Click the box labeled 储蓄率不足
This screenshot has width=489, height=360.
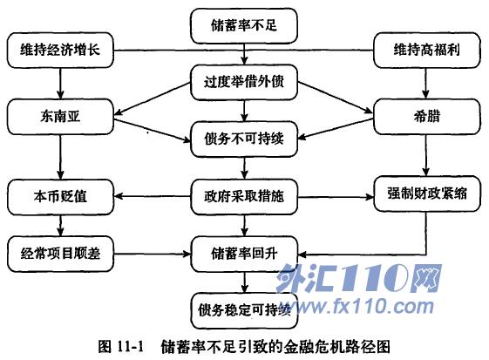tap(244, 26)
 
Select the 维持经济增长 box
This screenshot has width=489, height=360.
tap(60, 51)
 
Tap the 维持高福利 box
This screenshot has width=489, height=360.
tap(426, 51)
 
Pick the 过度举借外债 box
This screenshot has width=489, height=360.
tap(244, 82)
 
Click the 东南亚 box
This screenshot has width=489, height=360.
tap(60, 117)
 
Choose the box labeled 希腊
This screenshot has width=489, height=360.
tap(426, 117)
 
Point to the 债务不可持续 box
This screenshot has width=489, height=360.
tap(244, 139)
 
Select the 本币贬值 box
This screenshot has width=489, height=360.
tap(60, 197)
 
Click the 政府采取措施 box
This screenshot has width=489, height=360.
tap(244, 197)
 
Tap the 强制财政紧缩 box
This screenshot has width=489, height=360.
tap(426, 194)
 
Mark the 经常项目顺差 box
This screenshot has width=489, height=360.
tap(60, 254)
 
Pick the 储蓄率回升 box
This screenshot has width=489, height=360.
tap(244, 254)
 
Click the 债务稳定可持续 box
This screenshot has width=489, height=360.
tap(244, 310)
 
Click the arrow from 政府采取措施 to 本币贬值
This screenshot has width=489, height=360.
tap(153, 196)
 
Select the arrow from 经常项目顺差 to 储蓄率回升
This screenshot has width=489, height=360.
tap(153, 254)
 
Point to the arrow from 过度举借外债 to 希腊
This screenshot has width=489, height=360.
tap(336, 97)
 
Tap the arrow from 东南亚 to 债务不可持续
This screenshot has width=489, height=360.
tap(153, 131)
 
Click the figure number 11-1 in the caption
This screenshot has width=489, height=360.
tap(131, 346)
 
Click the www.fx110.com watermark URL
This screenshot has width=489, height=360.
tap(357, 306)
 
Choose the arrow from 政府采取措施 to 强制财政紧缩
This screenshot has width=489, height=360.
tap(336, 197)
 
